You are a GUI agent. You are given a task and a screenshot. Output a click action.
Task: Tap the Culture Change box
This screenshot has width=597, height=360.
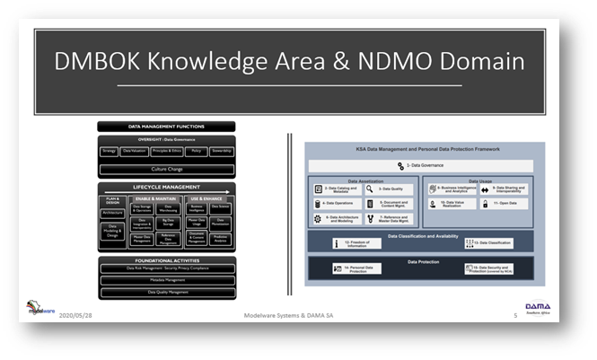point(166,167)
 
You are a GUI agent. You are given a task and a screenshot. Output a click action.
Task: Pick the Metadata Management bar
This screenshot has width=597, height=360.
point(166,279)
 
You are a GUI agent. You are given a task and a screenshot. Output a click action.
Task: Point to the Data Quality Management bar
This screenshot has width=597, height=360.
point(166,291)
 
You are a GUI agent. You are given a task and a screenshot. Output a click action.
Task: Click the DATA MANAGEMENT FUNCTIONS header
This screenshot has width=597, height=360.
point(166,127)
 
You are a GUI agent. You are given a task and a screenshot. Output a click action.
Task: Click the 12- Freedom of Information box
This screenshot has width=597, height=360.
point(359,242)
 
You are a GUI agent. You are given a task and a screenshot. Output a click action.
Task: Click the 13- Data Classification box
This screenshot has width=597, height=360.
point(490,242)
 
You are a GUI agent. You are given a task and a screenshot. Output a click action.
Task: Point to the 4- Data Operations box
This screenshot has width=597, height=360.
point(338,203)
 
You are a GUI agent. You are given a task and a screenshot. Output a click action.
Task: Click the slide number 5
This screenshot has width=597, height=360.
point(515,316)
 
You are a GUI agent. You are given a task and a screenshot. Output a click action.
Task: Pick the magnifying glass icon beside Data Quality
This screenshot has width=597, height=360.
point(372,189)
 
